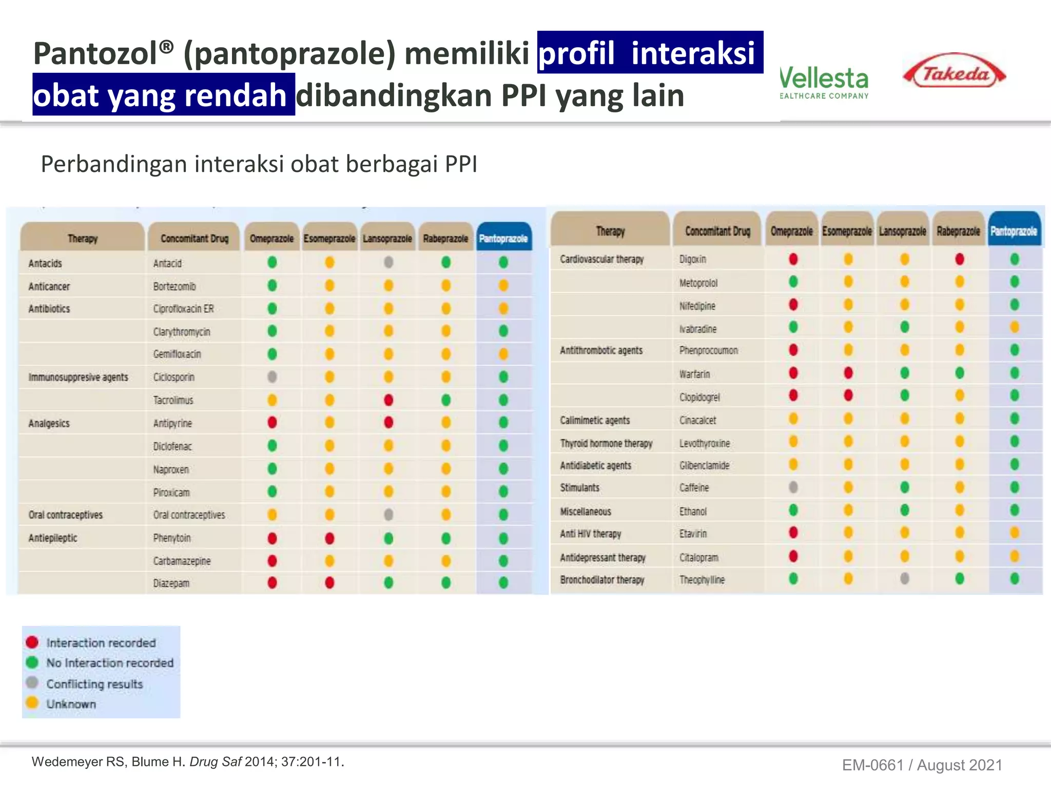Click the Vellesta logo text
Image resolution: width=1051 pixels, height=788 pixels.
coord(824,79)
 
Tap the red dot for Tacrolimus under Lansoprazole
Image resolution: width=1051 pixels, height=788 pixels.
coord(388,400)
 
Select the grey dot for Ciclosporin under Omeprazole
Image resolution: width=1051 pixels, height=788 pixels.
coord(272,377)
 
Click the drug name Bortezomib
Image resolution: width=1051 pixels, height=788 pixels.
coord(174,286)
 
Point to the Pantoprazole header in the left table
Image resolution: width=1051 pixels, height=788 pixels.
coord(503,239)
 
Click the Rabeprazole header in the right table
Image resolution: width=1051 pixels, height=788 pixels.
coord(958,231)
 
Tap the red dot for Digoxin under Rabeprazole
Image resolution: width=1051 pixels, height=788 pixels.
coord(960,259)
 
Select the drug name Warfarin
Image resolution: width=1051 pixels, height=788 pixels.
coord(694,374)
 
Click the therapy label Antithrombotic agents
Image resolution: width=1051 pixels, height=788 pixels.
coord(601,351)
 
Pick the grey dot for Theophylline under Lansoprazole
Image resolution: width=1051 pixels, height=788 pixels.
coord(905,579)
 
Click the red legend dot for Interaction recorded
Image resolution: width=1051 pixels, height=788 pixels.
coord(32,642)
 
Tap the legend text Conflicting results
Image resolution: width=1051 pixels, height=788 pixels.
coord(94,684)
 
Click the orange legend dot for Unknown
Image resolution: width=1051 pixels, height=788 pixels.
coord(32,702)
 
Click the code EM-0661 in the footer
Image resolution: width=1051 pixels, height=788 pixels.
coord(872,765)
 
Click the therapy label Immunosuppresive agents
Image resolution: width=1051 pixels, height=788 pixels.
coord(78,378)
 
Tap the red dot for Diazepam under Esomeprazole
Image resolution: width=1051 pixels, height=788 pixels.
coord(329,583)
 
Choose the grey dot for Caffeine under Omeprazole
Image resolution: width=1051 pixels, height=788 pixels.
coord(793,487)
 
